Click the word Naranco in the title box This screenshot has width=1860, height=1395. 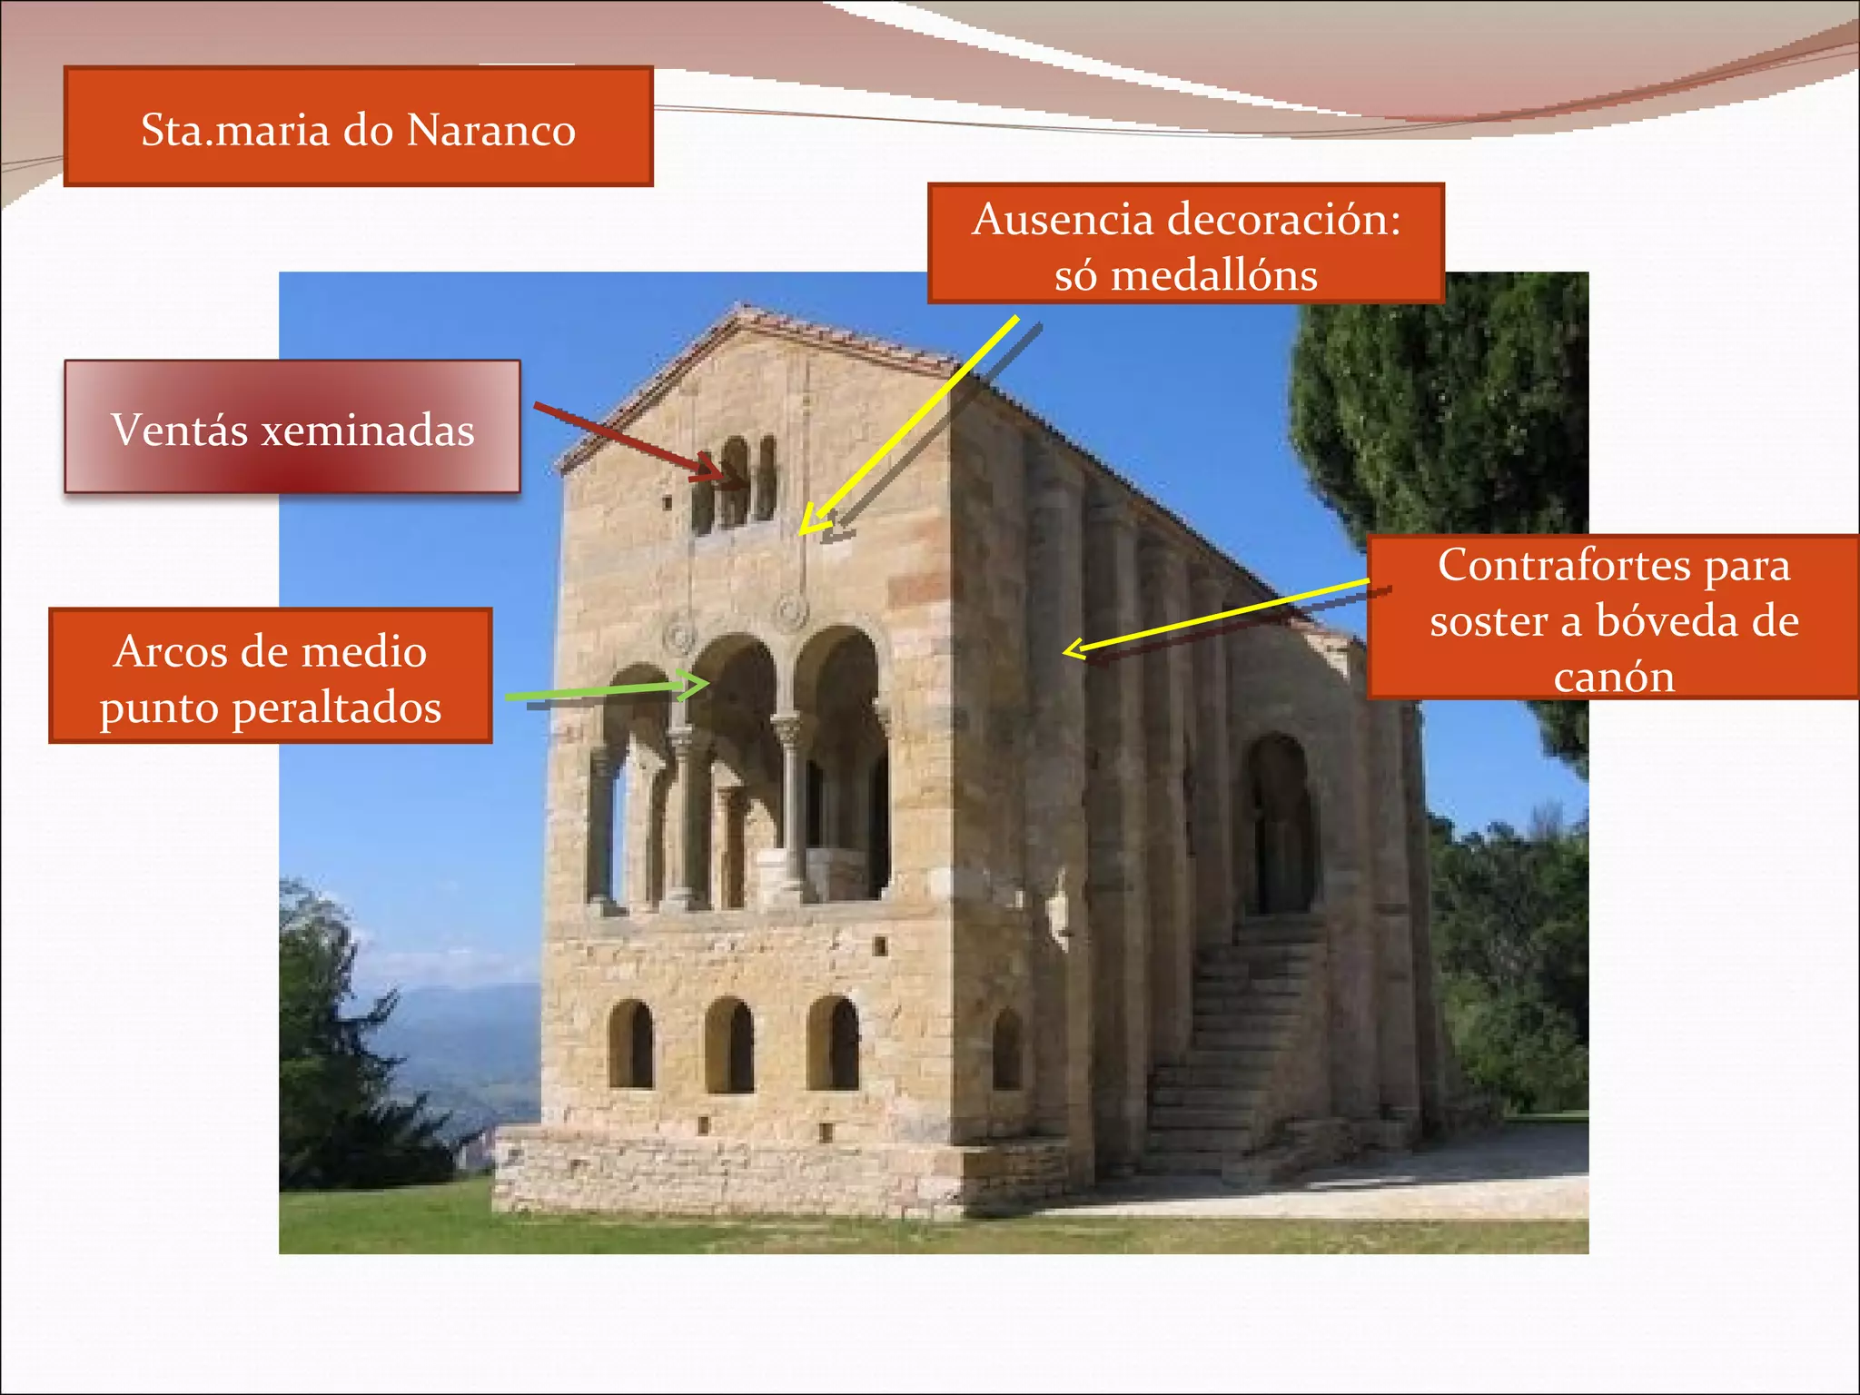click(490, 130)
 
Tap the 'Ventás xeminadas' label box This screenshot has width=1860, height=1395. click(292, 427)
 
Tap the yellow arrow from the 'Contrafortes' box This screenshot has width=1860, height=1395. click(1217, 616)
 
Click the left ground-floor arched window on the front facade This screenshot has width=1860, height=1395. click(631, 1044)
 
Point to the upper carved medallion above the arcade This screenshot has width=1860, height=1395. click(791, 612)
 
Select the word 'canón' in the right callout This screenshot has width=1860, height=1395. click(1614, 678)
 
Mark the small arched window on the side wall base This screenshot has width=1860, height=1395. click(1007, 1052)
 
